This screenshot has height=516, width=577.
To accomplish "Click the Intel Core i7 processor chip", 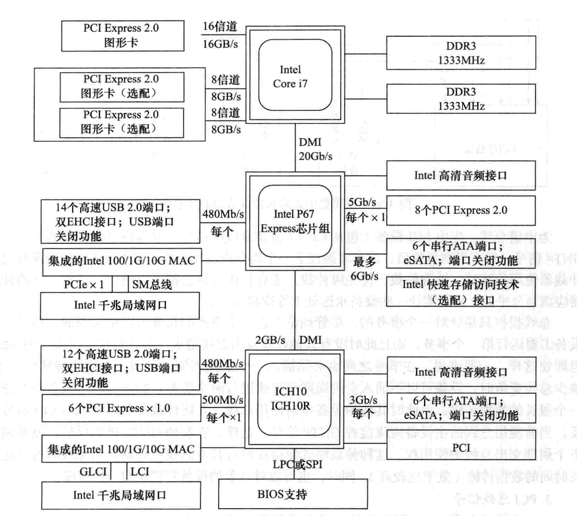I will click(x=290, y=77).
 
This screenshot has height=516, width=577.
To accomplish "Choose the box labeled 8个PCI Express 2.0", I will click(x=460, y=210).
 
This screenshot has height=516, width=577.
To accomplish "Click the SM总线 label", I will click(x=152, y=283).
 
